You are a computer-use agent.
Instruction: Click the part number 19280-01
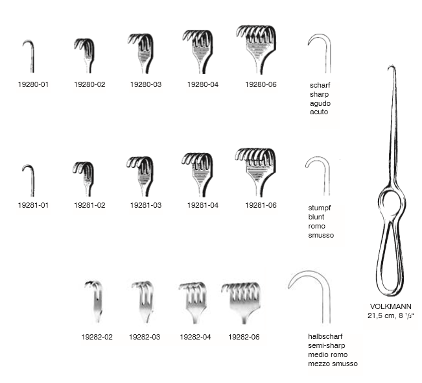pyautogui.click(x=33, y=84)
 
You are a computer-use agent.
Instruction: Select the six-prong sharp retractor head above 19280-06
pyautogui.click(x=256, y=49)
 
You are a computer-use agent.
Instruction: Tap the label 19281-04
pyautogui.click(x=203, y=205)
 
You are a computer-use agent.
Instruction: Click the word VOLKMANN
pyautogui.click(x=390, y=306)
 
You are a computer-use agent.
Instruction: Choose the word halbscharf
pyautogui.click(x=325, y=336)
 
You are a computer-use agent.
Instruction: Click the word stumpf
pyautogui.click(x=320, y=208)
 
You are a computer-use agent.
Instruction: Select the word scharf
pyautogui.click(x=320, y=85)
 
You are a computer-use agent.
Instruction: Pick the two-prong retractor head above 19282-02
pyautogui.click(x=94, y=301)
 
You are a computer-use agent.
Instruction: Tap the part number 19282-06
pyautogui.click(x=244, y=337)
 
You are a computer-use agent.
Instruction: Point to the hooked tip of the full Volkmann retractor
pyautogui.click(x=390, y=68)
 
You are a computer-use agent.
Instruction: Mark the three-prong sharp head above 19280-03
pyautogui.click(x=141, y=53)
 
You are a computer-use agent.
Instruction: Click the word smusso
pyautogui.click(x=321, y=235)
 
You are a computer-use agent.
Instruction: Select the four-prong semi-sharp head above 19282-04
pyautogui.click(x=193, y=303)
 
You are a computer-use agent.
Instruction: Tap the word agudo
pyautogui.click(x=320, y=103)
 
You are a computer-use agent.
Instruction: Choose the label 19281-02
pyautogui.click(x=89, y=205)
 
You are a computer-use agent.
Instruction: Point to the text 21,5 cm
pyautogui.click(x=381, y=315)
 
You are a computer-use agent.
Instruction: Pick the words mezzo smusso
pyautogui.click(x=333, y=364)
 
